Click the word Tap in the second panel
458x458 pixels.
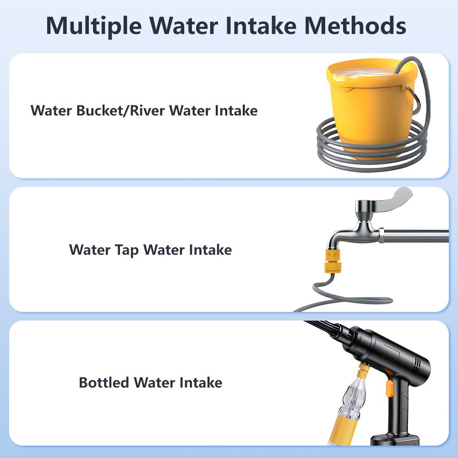[126, 250]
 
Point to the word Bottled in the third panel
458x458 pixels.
[104, 382]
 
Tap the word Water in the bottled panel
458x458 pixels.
[156, 382]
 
